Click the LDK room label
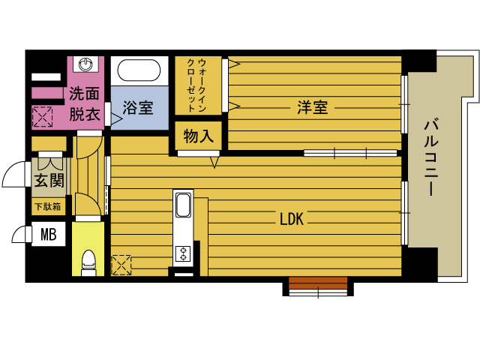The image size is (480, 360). [x=290, y=219]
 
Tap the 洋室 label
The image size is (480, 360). [x=311, y=107]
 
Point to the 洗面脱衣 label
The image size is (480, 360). [x=85, y=104]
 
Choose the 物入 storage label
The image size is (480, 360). [x=199, y=136]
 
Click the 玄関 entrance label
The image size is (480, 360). [x=48, y=180]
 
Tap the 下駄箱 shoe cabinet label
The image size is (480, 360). [x=48, y=206]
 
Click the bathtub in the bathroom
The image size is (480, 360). [x=139, y=72]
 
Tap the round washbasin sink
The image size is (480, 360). [x=88, y=64]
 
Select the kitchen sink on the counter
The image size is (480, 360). [x=184, y=205]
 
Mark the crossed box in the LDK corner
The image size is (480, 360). [x=121, y=265]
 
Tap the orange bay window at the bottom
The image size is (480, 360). [x=318, y=283]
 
